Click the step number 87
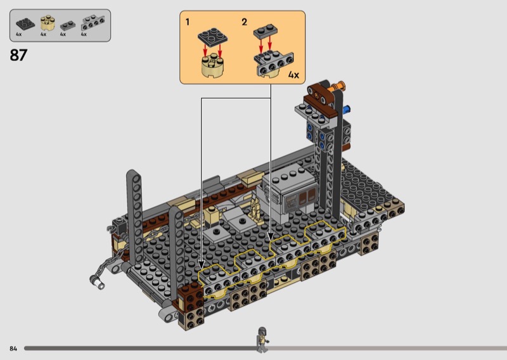tap(18, 55)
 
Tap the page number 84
tap(13, 349)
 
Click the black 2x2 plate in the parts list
tap(25, 23)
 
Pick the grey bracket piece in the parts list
tap(93, 23)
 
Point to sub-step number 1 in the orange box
tap(188, 22)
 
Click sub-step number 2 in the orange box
tap(245, 22)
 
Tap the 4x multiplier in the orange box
tap(293, 75)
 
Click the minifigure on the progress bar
tap(262, 339)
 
